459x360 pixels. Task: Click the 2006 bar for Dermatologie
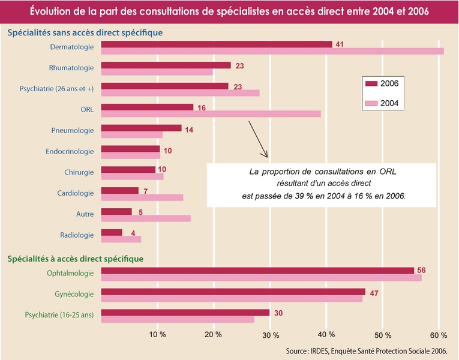[216, 44]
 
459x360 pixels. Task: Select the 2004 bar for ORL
[211, 114]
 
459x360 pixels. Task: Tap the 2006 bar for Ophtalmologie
[257, 270]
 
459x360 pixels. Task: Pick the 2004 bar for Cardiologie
[142, 197]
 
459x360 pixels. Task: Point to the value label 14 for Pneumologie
[189, 129]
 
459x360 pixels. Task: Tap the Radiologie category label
[77, 235]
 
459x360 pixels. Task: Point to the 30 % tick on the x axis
[270, 334]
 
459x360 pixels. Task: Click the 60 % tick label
[438, 334]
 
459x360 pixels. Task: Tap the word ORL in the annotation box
[388, 172]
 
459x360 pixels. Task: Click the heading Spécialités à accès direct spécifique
[75, 259]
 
